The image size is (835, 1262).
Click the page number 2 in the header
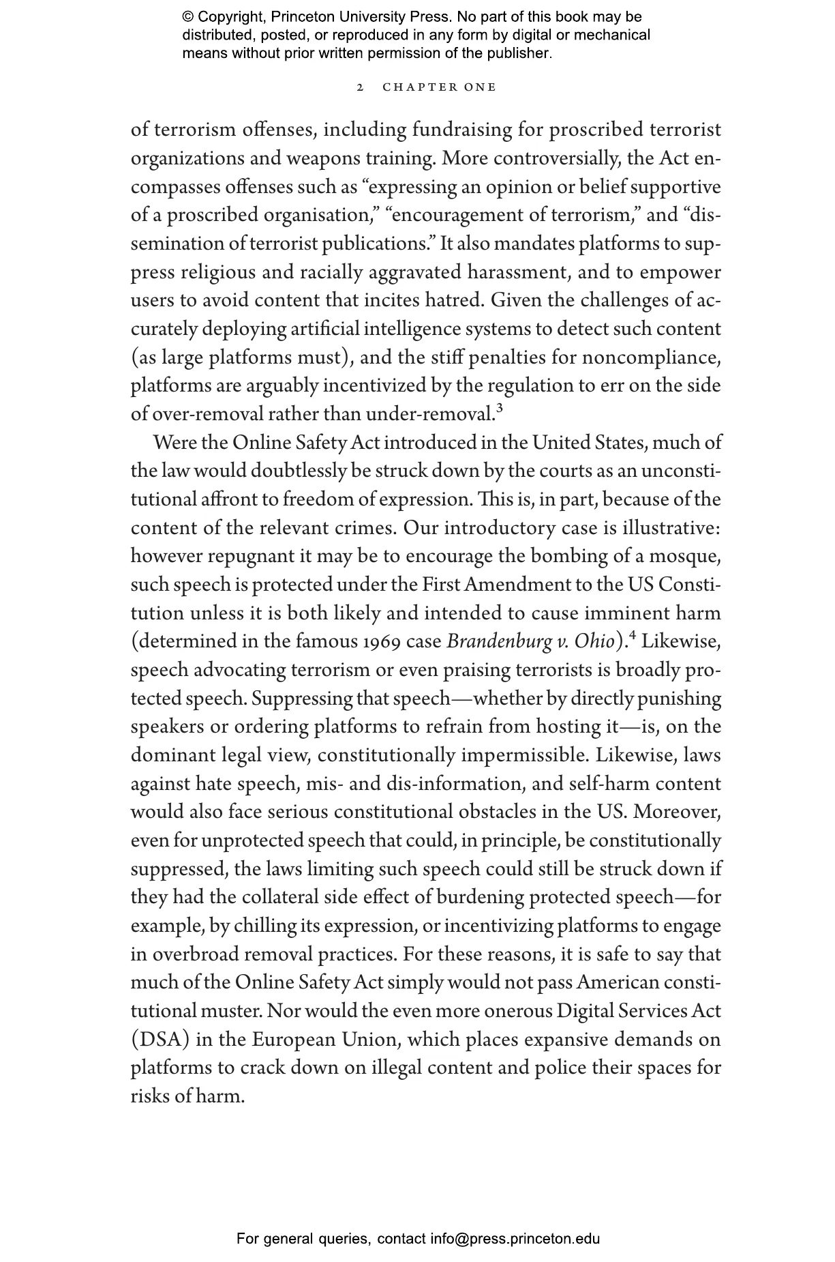tap(361, 87)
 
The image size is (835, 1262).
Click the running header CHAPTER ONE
tap(440, 87)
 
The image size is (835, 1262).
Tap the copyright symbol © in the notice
tap(188, 17)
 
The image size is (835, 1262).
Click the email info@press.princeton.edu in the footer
tap(515, 1238)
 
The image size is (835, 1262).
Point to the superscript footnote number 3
tap(499, 409)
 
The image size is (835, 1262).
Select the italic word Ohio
tap(594, 642)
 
